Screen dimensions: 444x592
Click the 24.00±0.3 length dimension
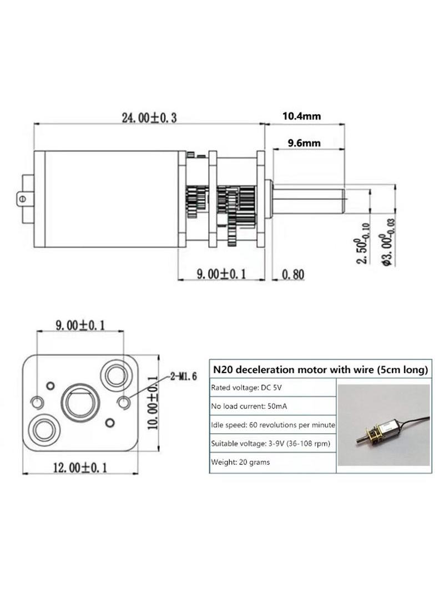click(149, 118)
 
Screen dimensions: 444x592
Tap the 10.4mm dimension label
click(302, 116)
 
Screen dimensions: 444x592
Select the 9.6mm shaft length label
click(304, 143)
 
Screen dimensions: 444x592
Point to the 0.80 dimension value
click(293, 274)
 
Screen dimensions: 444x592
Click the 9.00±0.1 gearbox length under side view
click(221, 274)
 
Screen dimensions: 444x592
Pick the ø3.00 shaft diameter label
click(389, 242)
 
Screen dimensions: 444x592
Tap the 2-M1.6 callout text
click(183, 377)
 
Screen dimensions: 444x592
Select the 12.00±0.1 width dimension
click(80, 468)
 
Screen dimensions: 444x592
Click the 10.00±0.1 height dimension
click(153, 403)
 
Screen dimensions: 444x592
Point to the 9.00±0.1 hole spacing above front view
click(80, 325)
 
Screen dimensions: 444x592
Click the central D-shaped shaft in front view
click(80, 402)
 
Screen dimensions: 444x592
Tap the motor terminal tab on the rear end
click(26, 199)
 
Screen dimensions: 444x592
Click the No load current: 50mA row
click(273, 407)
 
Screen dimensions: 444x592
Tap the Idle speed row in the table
click(273, 425)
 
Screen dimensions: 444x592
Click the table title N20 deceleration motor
click(321, 369)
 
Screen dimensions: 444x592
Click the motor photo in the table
click(384, 425)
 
